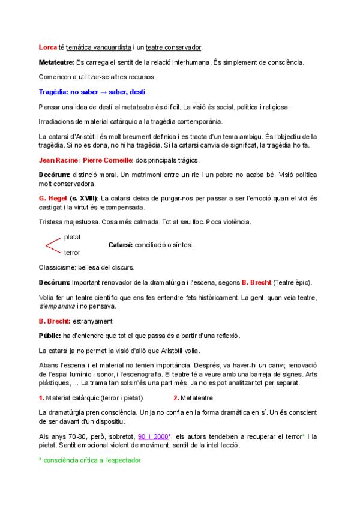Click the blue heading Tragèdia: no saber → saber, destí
point(92,92)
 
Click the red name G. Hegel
point(50,198)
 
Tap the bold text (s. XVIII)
point(82,198)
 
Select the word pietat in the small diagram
point(72,237)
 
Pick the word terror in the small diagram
point(72,253)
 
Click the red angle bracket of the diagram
point(52,245)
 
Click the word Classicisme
point(57,267)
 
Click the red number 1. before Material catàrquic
point(41,397)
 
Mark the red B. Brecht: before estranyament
point(55,321)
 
